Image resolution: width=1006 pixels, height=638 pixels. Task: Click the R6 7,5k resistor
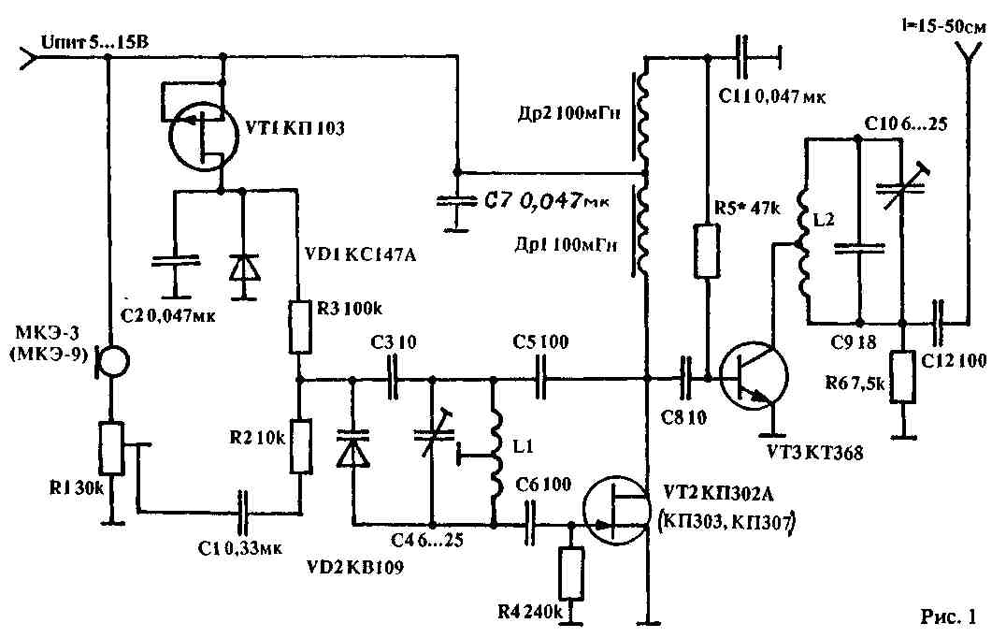click(x=904, y=375)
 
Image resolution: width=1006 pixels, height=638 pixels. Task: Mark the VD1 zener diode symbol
click(x=244, y=268)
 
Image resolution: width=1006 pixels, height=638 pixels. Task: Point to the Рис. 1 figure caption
click(x=948, y=616)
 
